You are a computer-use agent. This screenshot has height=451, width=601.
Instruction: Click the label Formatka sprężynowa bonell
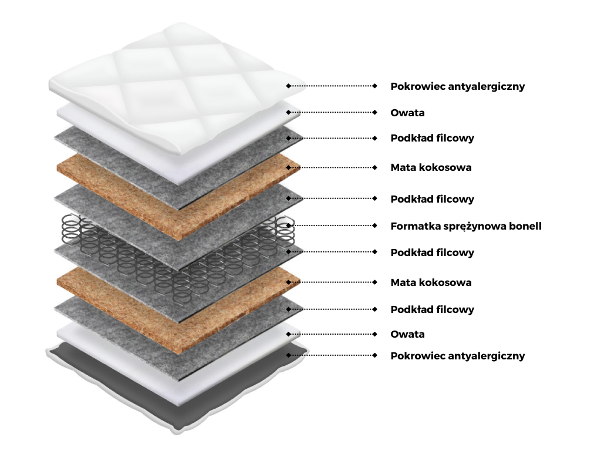pyautogui.click(x=465, y=226)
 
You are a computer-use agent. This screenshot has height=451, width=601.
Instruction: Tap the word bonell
pyautogui.click(x=525, y=226)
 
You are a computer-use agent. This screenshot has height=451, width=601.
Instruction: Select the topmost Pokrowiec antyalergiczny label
pyautogui.click(x=457, y=86)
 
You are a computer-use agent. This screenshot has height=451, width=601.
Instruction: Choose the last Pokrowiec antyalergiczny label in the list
pyautogui.click(x=457, y=356)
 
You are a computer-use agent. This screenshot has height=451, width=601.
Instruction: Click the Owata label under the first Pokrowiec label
pyautogui.click(x=407, y=113)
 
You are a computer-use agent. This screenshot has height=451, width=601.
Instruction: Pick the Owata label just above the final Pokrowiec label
pyautogui.click(x=407, y=335)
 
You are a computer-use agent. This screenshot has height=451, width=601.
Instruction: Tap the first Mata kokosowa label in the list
pyautogui.click(x=431, y=168)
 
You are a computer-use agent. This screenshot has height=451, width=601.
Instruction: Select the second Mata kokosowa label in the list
pyautogui.click(x=431, y=283)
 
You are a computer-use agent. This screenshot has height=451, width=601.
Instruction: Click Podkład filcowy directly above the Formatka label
pyautogui.click(x=432, y=199)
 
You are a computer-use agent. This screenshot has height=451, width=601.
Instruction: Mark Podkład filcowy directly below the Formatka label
pyautogui.click(x=432, y=253)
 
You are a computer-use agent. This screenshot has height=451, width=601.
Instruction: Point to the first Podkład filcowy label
pyautogui.click(x=432, y=139)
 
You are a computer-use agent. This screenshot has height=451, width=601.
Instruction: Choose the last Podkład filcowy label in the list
pyautogui.click(x=432, y=309)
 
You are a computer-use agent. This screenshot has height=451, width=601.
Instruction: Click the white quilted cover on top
pyautogui.click(x=176, y=76)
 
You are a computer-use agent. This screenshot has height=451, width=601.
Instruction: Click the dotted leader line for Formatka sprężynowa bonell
pyautogui.click(x=332, y=225)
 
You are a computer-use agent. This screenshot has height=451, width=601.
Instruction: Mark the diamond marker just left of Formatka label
pyautogui.click(x=375, y=225)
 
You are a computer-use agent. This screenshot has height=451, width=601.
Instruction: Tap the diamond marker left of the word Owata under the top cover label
pyautogui.click(x=375, y=112)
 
